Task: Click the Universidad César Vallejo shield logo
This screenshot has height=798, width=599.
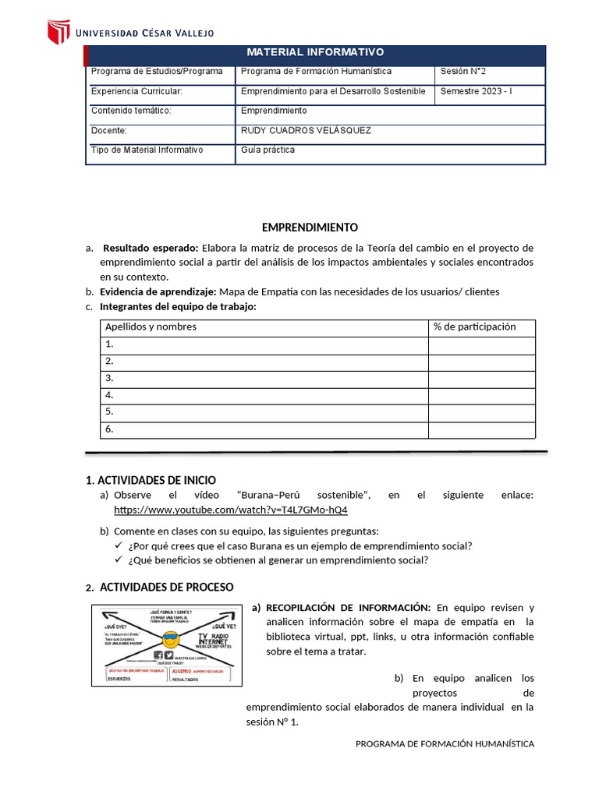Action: point(59,32)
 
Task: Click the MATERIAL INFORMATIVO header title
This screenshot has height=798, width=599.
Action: point(315,52)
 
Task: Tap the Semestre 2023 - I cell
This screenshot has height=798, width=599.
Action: point(476,91)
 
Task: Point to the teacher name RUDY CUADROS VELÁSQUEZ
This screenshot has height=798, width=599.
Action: point(306,131)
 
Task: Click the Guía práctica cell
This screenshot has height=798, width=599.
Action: point(268,150)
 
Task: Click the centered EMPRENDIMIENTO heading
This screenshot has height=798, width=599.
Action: point(310,228)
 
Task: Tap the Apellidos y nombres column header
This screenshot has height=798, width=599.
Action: point(151,327)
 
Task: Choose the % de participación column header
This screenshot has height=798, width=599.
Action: point(474,327)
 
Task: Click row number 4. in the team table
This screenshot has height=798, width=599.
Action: point(110,395)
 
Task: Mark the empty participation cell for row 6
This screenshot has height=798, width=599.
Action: point(481,429)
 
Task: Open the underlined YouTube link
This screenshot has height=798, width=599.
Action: point(231,510)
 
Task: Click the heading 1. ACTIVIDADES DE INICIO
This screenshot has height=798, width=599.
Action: point(151,480)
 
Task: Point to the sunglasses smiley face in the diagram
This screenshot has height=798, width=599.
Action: point(169,637)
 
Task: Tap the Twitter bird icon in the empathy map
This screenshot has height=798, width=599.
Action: point(169,655)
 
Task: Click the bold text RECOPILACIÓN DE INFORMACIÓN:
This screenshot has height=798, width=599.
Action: point(348,607)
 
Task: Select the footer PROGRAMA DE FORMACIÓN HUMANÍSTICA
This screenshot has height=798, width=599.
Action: point(445,744)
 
